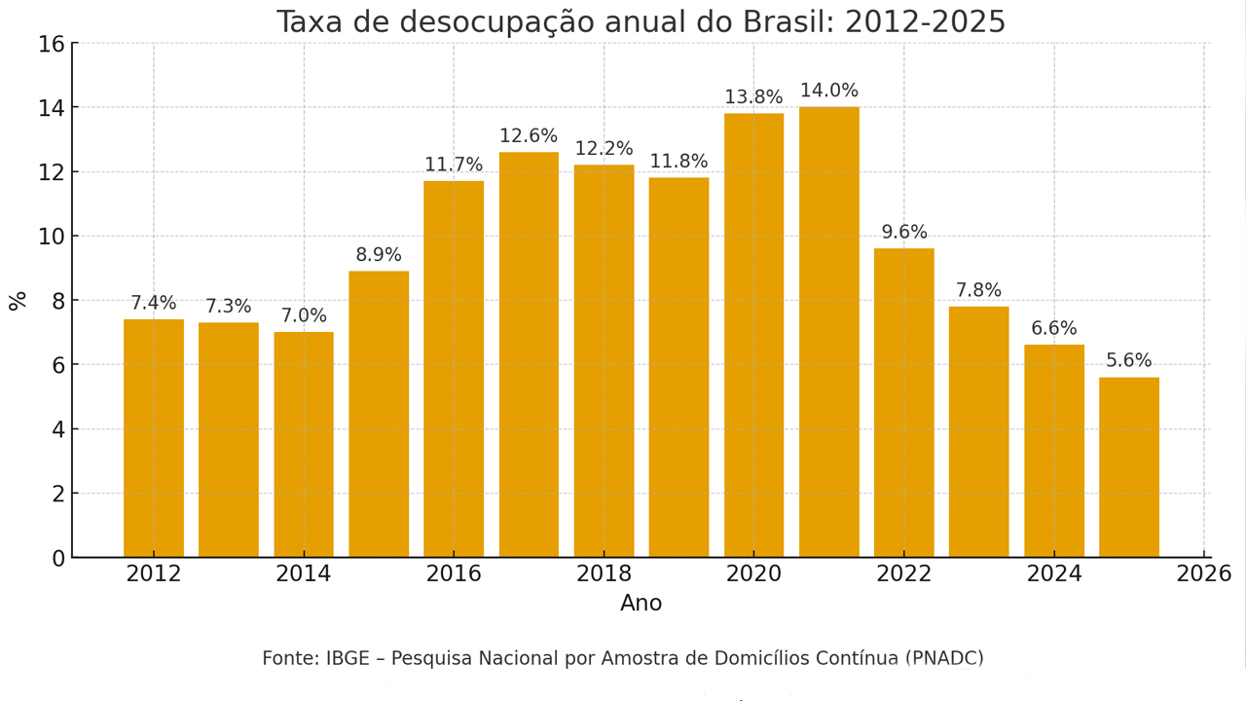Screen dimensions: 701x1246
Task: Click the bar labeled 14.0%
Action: pyautogui.click(x=829, y=331)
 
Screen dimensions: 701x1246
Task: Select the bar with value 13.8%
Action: pyautogui.click(x=753, y=335)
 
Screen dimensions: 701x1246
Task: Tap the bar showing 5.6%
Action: pyautogui.click(x=1129, y=467)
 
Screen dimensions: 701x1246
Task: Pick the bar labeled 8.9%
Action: pyautogui.click(x=379, y=414)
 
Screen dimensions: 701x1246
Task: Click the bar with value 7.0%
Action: pyautogui.click(x=304, y=444)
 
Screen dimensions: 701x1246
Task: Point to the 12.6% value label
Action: pyautogui.click(x=529, y=136)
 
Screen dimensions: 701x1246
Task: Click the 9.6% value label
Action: pyautogui.click(x=904, y=233)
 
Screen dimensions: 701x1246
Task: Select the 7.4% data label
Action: pyautogui.click(x=154, y=304)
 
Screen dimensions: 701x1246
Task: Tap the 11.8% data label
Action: pyautogui.click(x=678, y=162)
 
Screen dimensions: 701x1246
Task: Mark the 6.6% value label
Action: pyautogui.click(x=1054, y=329)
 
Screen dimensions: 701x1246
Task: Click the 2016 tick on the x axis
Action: pyautogui.click(x=454, y=574)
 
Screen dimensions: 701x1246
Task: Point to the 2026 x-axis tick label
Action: pyautogui.click(x=1204, y=574)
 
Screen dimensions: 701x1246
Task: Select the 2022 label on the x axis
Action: pyautogui.click(x=904, y=574)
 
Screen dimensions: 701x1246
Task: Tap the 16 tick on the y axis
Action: pyautogui.click(x=52, y=44)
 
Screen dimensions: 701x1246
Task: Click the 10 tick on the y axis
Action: pyautogui.click(x=52, y=237)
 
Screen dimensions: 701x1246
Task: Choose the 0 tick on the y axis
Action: pyautogui.click(x=58, y=559)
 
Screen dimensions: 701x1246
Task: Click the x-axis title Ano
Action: pyautogui.click(x=641, y=604)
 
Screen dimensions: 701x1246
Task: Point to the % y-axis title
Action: pyautogui.click(x=18, y=300)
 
